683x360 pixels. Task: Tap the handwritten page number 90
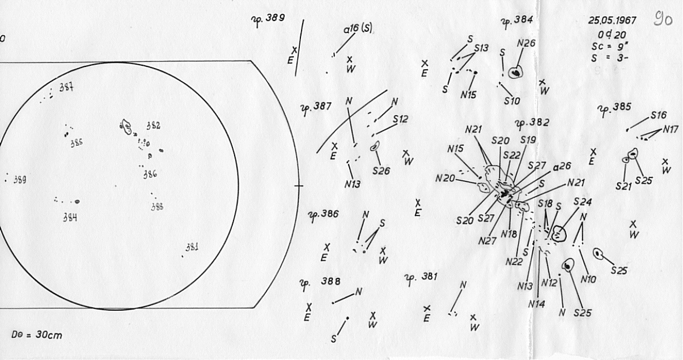click(664, 21)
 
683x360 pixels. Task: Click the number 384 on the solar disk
click(70, 218)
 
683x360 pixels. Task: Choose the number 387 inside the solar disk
click(67, 88)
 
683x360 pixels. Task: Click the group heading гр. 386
click(324, 215)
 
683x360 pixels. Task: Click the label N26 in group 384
click(526, 43)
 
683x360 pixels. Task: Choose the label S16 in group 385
click(659, 115)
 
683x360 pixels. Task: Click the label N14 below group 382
click(536, 304)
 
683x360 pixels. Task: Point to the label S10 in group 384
click(511, 101)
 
